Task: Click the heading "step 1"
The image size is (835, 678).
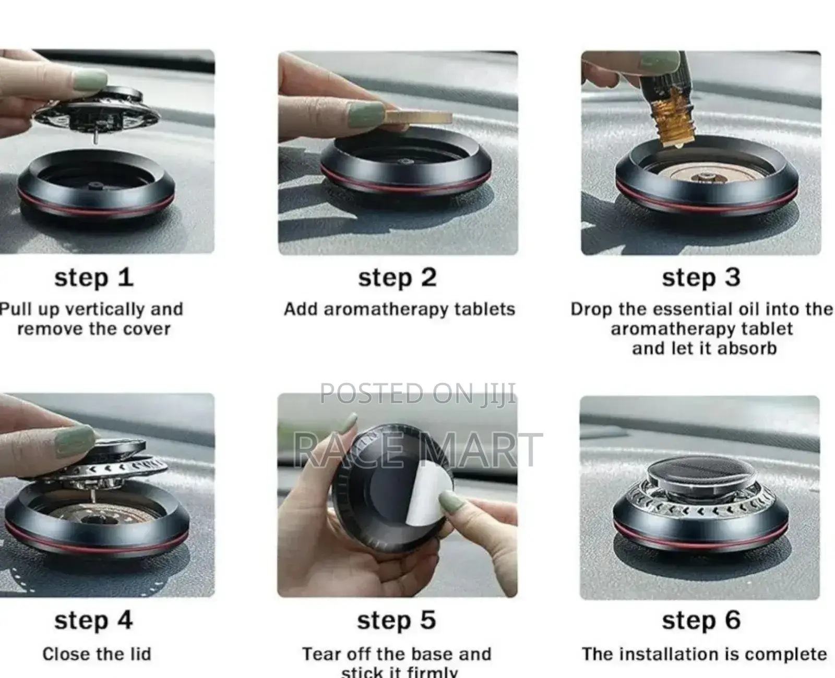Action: pyautogui.click(x=94, y=277)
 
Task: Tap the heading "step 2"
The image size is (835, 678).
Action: pyautogui.click(x=397, y=277)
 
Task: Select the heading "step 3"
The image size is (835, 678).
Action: pyautogui.click(x=701, y=277)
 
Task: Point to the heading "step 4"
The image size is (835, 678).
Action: pyautogui.click(x=93, y=621)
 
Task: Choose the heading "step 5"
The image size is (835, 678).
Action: pyautogui.click(x=397, y=621)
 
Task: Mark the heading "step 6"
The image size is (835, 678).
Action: pyautogui.click(x=701, y=621)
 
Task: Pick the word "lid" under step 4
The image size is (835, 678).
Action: pyautogui.click(x=140, y=654)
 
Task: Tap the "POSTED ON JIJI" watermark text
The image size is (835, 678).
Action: pyautogui.click(x=417, y=393)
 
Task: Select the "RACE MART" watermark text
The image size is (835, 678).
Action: pyautogui.click(x=417, y=450)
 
